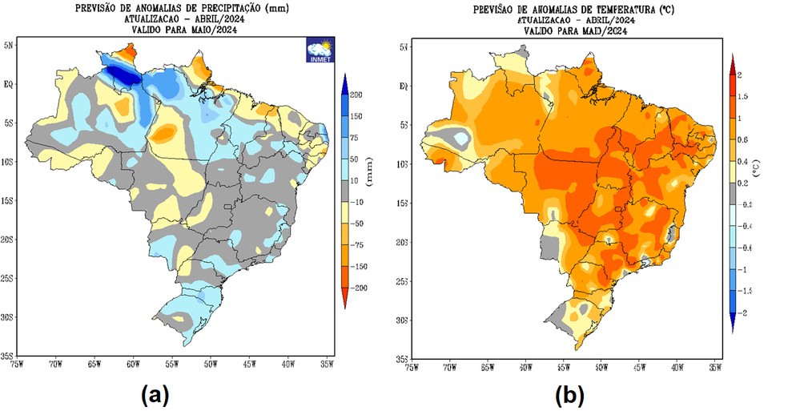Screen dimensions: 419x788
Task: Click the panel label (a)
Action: coord(155,394)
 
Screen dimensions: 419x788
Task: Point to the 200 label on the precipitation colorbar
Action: coord(356,95)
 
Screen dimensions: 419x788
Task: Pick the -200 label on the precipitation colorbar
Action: coord(357,286)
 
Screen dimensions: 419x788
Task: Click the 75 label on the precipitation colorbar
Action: coord(353,138)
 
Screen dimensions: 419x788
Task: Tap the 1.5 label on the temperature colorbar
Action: coord(742,96)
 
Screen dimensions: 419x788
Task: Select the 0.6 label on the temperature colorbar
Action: coord(742,139)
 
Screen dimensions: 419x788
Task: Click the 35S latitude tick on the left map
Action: coord(9,356)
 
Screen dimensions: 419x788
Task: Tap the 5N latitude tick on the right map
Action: coord(404,47)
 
